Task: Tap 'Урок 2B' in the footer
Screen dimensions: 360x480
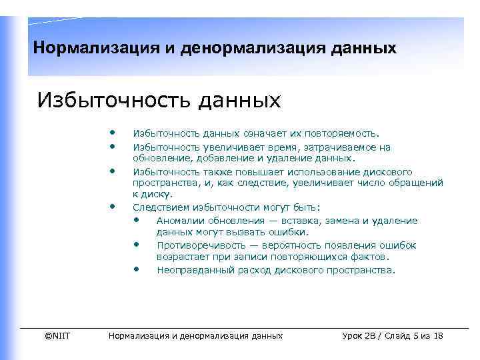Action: (361, 335)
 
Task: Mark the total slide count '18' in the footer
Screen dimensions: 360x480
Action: (437, 335)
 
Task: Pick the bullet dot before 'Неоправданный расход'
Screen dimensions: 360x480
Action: (136, 269)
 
